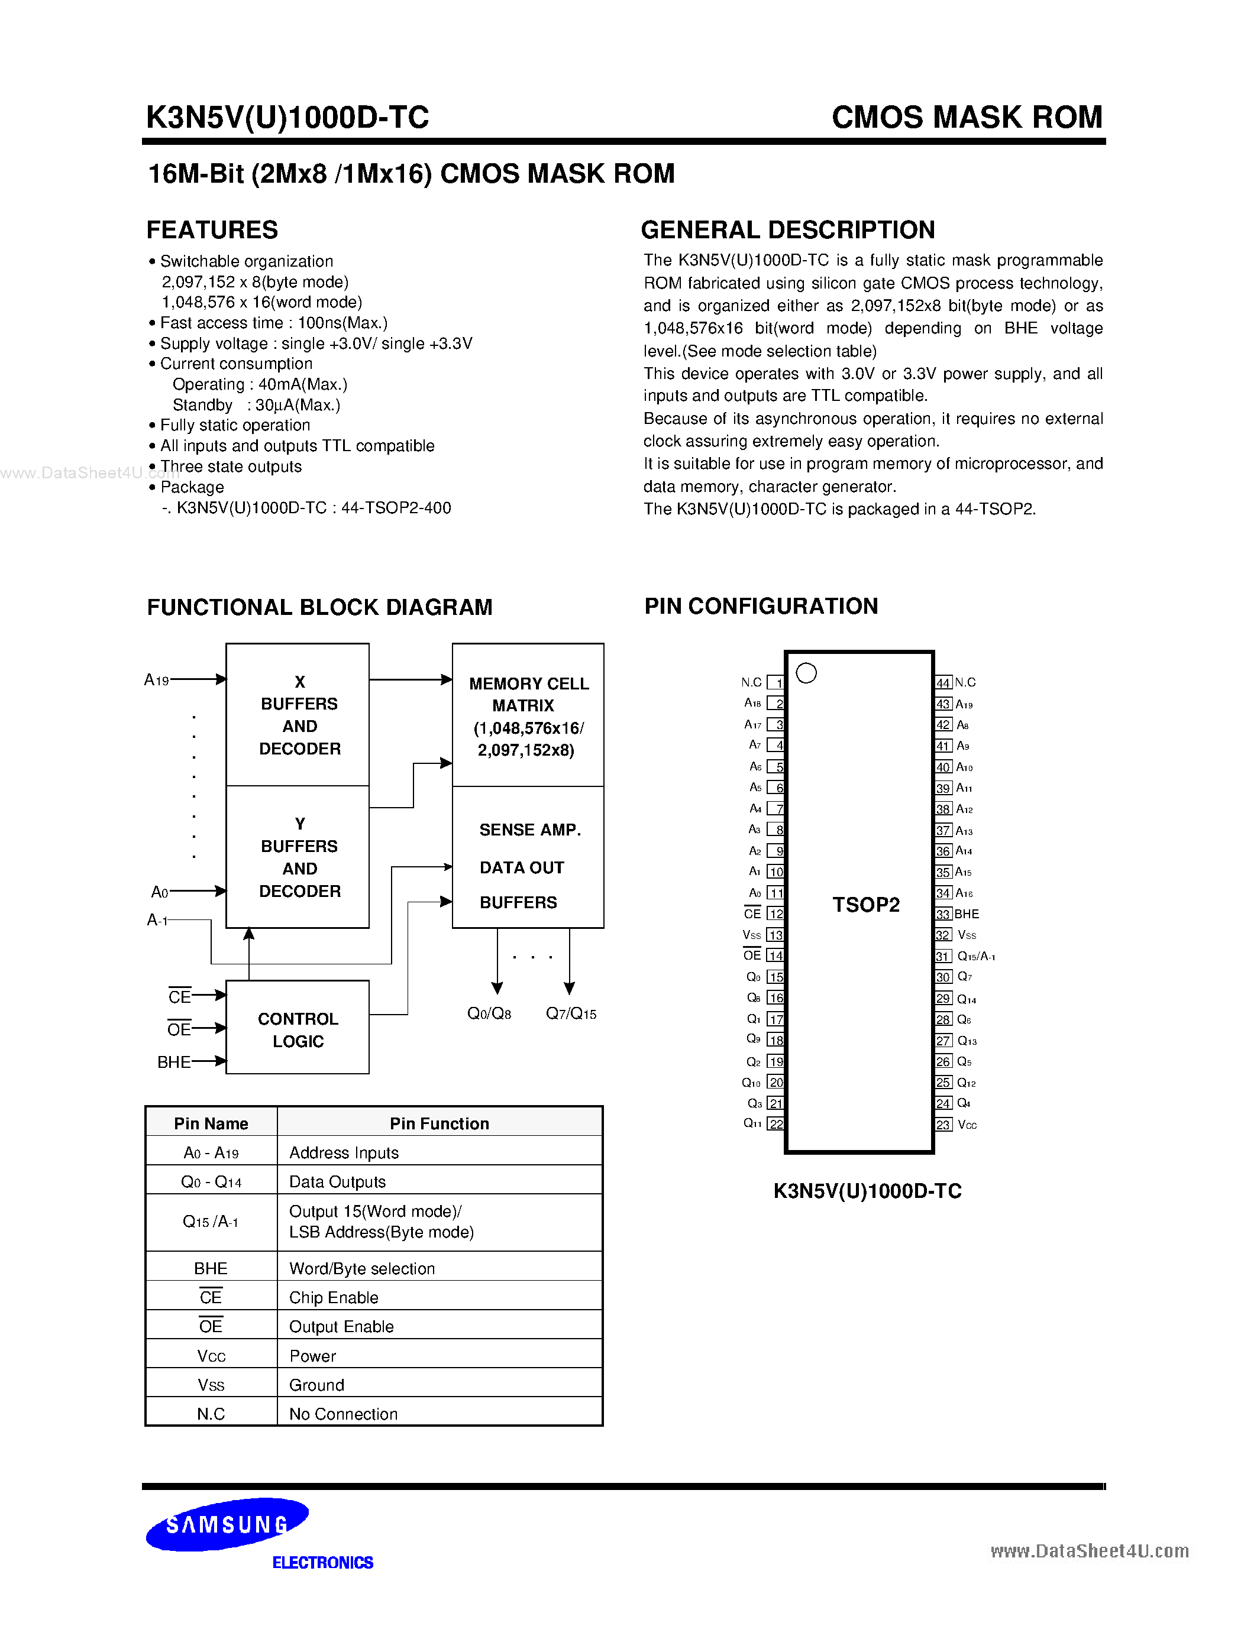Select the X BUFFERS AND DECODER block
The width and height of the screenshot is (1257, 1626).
tap(298, 715)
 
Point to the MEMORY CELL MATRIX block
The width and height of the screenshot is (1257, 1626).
tap(528, 715)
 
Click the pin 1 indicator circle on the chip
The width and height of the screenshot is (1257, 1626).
tap(806, 673)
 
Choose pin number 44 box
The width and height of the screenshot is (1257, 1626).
tap(943, 683)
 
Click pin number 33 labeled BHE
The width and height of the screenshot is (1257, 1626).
tap(943, 914)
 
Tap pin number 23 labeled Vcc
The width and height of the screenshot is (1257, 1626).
tap(943, 1125)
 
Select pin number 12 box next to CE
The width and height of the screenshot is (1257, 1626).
tap(776, 914)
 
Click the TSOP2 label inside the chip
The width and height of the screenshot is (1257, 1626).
tap(866, 905)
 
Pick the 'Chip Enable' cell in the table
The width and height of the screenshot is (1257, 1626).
tap(334, 1298)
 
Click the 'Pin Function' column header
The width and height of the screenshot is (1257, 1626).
tap(440, 1123)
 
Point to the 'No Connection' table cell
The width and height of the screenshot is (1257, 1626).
tap(343, 1414)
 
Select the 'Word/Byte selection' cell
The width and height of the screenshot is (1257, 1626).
tap(362, 1269)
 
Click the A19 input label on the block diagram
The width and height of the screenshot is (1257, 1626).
tap(156, 680)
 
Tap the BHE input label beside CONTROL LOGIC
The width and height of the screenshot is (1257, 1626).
tap(173, 1063)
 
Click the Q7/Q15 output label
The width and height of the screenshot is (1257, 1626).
tap(571, 1014)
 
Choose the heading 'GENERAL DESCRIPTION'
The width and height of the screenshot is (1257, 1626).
tap(788, 230)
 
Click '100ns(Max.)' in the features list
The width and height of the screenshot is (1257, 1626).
tap(342, 323)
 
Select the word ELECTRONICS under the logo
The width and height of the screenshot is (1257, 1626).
tap(322, 1563)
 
